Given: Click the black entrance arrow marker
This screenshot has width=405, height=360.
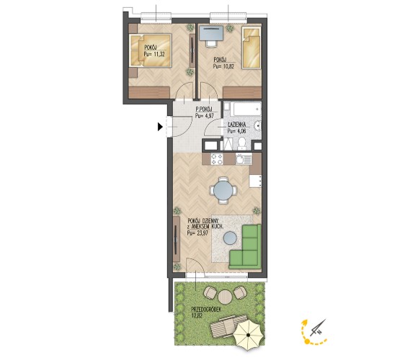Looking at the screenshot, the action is point(160,127).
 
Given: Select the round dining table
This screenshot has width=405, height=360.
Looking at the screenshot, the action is point(223,191).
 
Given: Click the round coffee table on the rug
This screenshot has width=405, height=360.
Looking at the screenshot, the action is point(230,238).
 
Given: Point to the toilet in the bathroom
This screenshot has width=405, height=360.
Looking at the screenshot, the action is point(242,143).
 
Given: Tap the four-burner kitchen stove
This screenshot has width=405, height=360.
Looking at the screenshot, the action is point(216,158).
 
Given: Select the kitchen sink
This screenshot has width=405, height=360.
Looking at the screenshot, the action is point(244,159).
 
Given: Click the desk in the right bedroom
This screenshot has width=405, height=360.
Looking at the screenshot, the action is point(211,34).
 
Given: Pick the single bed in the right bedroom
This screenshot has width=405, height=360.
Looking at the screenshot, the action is point(251,48).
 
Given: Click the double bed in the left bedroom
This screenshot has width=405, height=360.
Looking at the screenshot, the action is point(150,51).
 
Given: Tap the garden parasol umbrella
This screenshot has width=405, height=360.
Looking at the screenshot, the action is point(249,336).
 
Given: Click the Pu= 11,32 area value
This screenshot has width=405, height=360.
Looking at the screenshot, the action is point(154,54).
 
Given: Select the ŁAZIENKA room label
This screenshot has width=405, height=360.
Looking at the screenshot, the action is point(237,125).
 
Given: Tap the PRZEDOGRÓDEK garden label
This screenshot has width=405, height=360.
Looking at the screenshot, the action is point(206,310).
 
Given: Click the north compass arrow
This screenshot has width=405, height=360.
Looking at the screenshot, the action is point(318,328).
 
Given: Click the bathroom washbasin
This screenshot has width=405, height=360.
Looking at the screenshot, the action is point(258,126).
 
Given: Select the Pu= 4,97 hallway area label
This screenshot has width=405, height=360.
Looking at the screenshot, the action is point(205,116).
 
